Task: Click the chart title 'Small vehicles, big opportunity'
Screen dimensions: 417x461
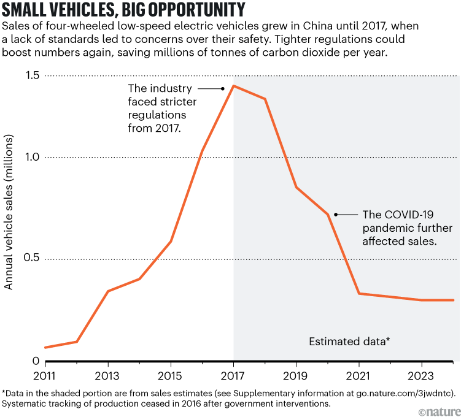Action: pos(125,10)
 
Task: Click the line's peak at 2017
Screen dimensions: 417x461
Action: pos(234,86)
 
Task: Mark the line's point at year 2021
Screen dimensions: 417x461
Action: pos(359,294)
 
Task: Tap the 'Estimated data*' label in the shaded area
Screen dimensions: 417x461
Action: pos(349,341)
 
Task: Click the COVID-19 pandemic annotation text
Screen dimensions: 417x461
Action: pos(400,228)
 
